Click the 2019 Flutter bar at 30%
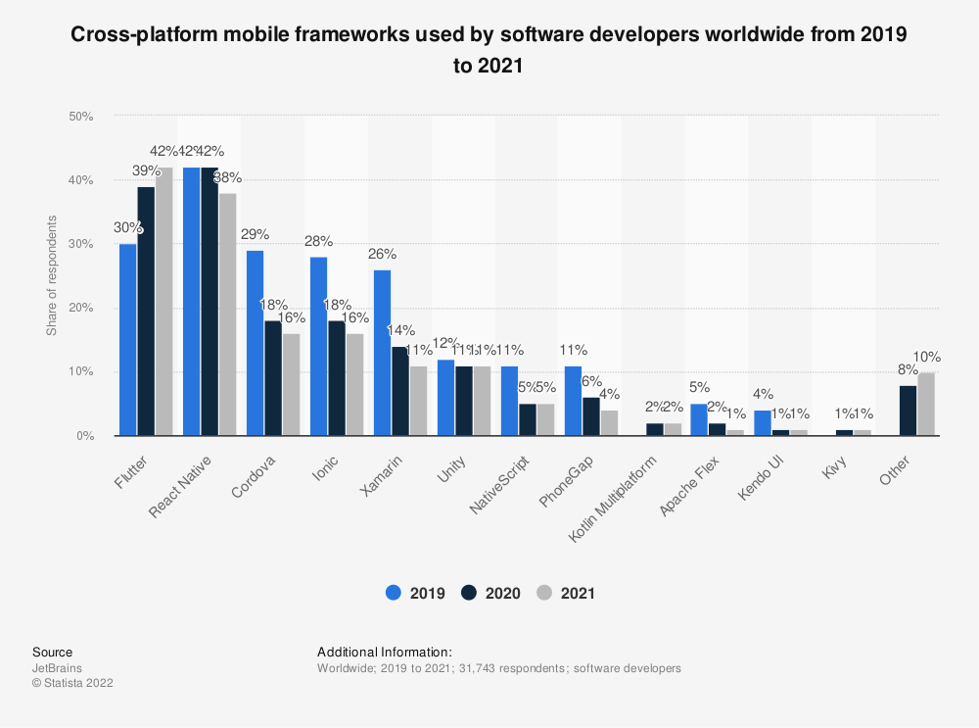pyautogui.click(x=128, y=340)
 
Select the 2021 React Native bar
pyautogui.click(x=227, y=315)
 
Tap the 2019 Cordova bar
pyautogui.click(x=255, y=343)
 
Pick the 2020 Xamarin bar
pyautogui.click(x=400, y=391)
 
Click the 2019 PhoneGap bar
pyautogui.click(x=573, y=401)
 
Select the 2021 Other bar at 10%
pyautogui.click(x=927, y=404)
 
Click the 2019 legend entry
pyautogui.click(x=416, y=593)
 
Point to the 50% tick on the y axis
pyautogui.click(x=80, y=117)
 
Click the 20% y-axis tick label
pyautogui.click(x=80, y=309)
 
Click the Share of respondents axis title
pyautogui.click(x=52, y=276)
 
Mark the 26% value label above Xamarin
pyautogui.click(x=382, y=254)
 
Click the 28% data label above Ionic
pyautogui.click(x=318, y=241)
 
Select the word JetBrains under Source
pyautogui.click(x=57, y=668)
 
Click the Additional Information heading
pyautogui.click(x=385, y=652)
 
